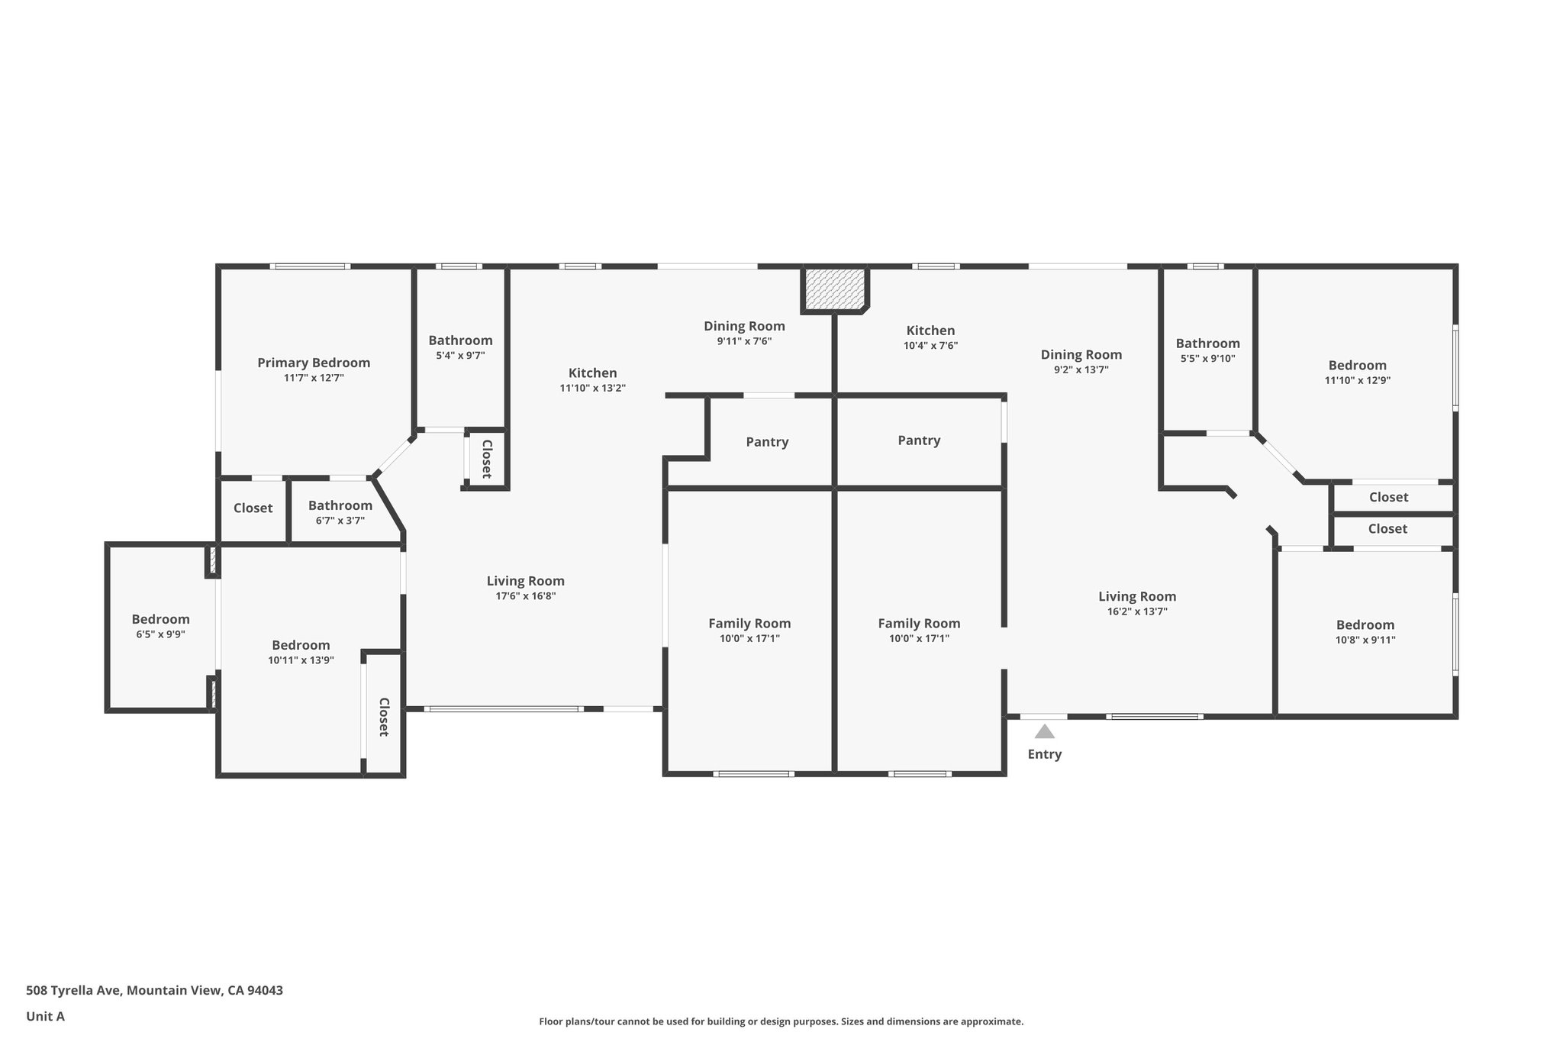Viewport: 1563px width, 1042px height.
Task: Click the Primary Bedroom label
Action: click(314, 363)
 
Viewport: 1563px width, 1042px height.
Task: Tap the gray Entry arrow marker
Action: click(1044, 731)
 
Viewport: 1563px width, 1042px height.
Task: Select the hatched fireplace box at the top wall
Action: click(834, 289)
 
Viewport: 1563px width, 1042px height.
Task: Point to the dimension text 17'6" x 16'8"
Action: click(526, 596)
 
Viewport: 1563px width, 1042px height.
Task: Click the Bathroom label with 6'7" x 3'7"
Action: click(340, 505)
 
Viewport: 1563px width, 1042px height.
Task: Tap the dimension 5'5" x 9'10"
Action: click(1207, 358)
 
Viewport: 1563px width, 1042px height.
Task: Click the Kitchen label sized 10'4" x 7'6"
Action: click(930, 331)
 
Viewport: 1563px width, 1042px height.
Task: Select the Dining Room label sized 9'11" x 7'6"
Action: click(744, 326)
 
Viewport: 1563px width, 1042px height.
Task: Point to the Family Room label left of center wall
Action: click(749, 624)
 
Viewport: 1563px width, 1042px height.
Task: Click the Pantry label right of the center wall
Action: click(919, 440)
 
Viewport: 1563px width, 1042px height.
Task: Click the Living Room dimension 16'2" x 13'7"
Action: click(1137, 611)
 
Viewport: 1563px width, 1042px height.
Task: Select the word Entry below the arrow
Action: click(1045, 754)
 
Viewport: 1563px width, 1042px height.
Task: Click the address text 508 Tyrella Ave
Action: click(73, 991)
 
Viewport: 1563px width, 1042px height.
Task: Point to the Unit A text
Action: click(46, 1017)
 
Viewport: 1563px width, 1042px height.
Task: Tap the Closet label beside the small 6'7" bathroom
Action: click(253, 508)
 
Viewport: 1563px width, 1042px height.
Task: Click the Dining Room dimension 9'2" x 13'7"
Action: click(1081, 369)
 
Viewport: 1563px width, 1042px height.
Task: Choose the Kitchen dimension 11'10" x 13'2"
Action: click(593, 388)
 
